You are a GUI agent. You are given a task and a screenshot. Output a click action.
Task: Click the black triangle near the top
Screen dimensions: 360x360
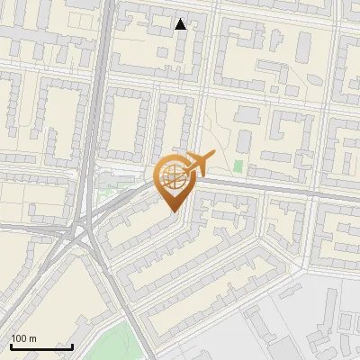click(181, 24)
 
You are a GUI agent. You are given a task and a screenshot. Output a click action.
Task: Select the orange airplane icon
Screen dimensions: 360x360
click(196, 164)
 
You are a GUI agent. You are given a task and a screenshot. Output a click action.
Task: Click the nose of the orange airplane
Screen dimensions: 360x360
click(213, 154)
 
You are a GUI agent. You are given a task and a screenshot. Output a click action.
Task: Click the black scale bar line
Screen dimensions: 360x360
click(41, 346)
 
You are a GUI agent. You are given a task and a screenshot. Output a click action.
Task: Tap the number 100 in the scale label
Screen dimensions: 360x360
click(21, 338)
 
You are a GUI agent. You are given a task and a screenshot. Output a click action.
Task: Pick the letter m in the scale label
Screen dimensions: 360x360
click(33, 338)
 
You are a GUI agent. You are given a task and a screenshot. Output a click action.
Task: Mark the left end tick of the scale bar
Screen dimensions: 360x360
click(11, 346)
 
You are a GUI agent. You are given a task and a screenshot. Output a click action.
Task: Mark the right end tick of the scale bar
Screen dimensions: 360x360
click(72, 346)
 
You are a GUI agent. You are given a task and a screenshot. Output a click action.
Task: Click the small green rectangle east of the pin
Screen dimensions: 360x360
click(238, 166)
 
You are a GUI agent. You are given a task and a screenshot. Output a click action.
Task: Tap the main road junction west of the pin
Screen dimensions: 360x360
click(83, 232)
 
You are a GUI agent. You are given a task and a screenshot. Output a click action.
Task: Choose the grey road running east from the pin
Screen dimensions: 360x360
click(270, 189)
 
